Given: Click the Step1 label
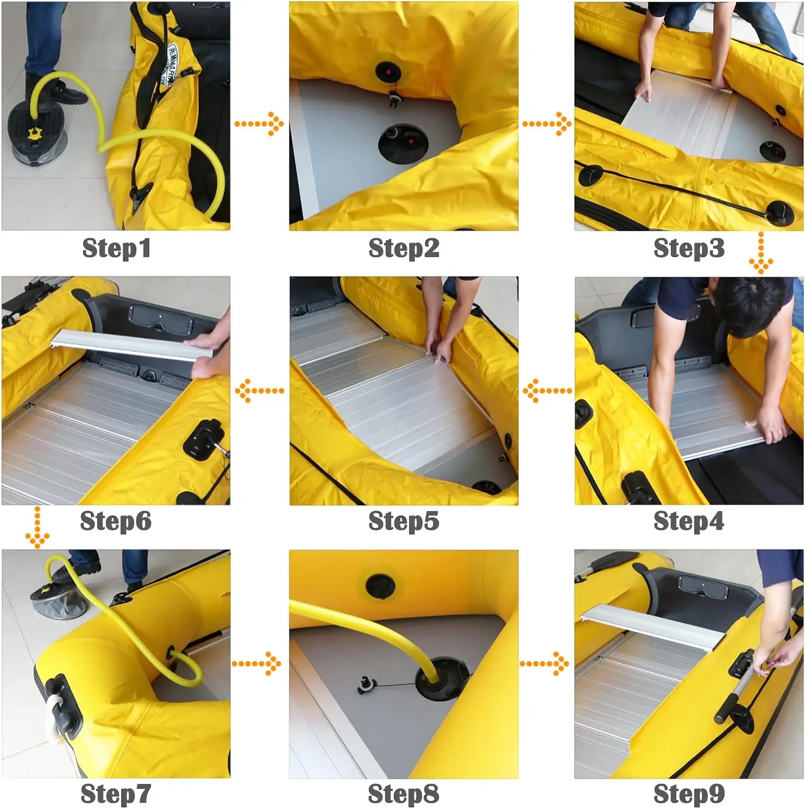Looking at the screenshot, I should [x=116, y=248].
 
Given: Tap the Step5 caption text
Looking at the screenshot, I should [x=404, y=521].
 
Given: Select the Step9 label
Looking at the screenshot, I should [x=689, y=794].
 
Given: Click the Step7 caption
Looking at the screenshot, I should [x=116, y=794].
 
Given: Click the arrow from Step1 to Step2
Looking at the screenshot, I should [x=259, y=124].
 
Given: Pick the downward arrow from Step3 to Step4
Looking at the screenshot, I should [x=760, y=253].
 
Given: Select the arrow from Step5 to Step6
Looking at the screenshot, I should [x=259, y=390].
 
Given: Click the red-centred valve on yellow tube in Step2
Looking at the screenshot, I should [x=387, y=71].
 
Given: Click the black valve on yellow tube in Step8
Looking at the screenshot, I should [x=380, y=586].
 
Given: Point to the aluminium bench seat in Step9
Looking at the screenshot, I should [x=652, y=626].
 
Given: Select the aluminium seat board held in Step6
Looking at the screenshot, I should [x=130, y=345].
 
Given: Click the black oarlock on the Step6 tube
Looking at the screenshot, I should [x=202, y=438].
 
